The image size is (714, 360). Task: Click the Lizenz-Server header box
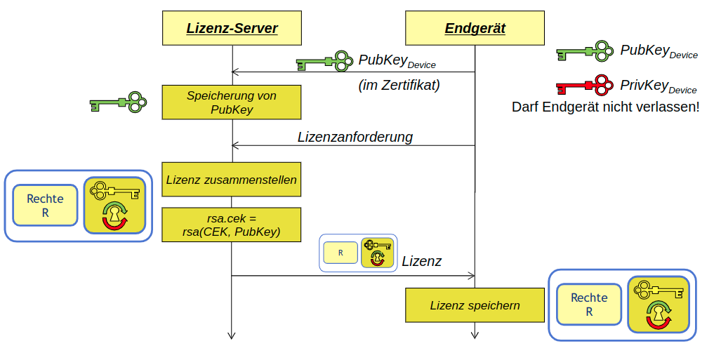coord(232,29)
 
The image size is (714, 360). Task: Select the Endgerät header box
coord(475,29)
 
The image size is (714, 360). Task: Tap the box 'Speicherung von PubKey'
coord(232,102)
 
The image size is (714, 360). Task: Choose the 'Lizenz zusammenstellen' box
coord(232,180)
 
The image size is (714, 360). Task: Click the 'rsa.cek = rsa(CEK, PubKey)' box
coord(232,225)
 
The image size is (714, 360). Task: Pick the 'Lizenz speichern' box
coord(475,305)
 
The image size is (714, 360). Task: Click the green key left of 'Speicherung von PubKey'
coord(118,102)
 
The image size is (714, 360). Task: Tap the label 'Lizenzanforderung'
coord(355,137)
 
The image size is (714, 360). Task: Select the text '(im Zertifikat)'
coord(399,86)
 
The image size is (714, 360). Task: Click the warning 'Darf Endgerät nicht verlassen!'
coord(605,107)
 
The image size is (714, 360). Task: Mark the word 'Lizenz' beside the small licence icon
coord(421,262)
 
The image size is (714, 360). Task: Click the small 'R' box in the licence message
coord(341,253)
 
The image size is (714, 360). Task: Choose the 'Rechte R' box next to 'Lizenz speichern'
coord(589,305)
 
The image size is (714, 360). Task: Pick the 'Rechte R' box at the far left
coord(45,206)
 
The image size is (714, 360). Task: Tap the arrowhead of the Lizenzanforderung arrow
coord(235,145)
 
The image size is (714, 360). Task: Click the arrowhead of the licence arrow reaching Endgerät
coord(472,276)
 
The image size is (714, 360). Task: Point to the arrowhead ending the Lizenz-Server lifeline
coord(232,335)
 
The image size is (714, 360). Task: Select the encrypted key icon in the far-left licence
coord(114,205)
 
